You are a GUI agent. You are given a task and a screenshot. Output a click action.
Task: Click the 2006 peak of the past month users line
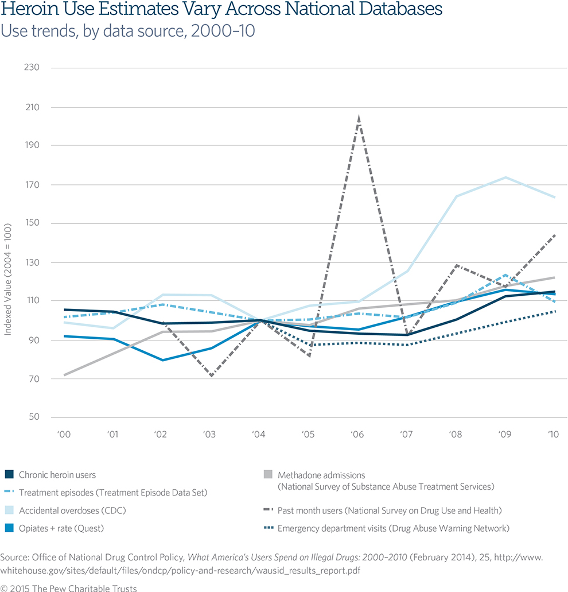359,118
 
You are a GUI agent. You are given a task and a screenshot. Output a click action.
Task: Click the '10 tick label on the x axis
554,435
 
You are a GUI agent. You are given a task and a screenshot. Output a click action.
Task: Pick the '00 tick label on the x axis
64,435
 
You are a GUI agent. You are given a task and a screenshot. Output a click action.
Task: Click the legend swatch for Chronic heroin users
9,475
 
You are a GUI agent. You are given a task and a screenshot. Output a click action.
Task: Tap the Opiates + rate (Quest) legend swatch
9,528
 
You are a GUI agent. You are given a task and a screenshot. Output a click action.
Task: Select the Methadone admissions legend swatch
267,475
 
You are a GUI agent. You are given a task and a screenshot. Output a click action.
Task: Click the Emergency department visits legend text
393,528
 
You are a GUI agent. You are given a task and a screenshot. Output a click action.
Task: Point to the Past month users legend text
389,510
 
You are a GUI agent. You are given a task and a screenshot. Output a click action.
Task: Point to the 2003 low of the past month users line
212,376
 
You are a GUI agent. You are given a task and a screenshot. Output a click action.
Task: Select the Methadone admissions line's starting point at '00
64,375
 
